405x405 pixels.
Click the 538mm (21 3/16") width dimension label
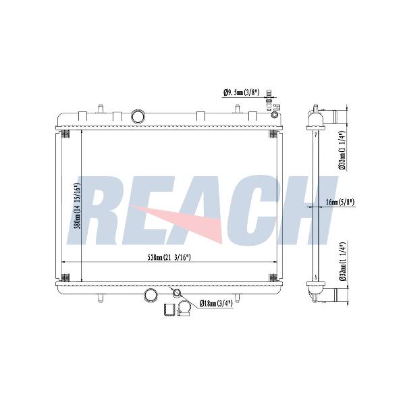click(x=169, y=257)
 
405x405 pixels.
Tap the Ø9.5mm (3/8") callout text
click(x=241, y=92)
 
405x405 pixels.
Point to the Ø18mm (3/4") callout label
click(x=216, y=303)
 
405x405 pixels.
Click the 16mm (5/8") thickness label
click(x=340, y=202)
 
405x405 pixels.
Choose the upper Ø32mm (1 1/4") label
click(x=342, y=151)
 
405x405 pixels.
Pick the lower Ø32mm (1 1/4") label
click(x=343, y=262)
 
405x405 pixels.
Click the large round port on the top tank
click(x=138, y=116)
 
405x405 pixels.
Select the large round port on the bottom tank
click(x=151, y=295)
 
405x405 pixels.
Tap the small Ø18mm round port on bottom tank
click(x=177, y=293)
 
